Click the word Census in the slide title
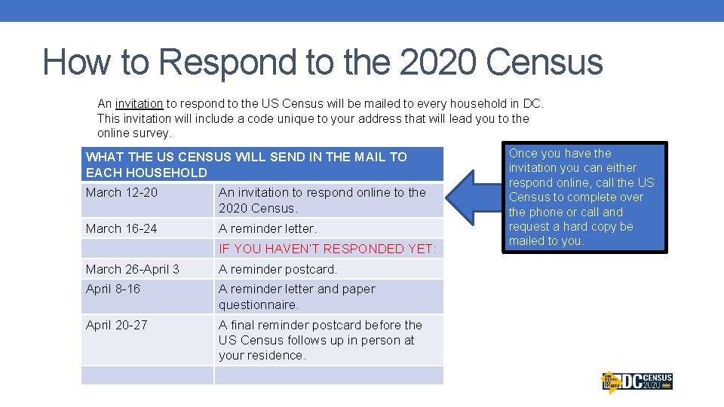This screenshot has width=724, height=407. coord(545,62)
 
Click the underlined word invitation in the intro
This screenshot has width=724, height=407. coord(140,103)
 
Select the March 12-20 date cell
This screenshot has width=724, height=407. coord(122,192)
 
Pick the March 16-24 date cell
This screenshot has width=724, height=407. coord(122,228)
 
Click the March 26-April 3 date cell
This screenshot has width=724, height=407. coord(133,269)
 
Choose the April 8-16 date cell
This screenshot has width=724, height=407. coord(113,289)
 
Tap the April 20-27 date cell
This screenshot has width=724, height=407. coord(117,325)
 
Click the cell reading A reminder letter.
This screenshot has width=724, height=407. coord(268,228)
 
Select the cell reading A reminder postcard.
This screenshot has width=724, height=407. coord(278,269)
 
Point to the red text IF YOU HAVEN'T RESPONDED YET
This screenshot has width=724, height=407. coord(327,249)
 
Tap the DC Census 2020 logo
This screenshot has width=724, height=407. coord(637,382)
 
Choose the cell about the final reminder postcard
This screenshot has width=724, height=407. coord(321,340)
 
